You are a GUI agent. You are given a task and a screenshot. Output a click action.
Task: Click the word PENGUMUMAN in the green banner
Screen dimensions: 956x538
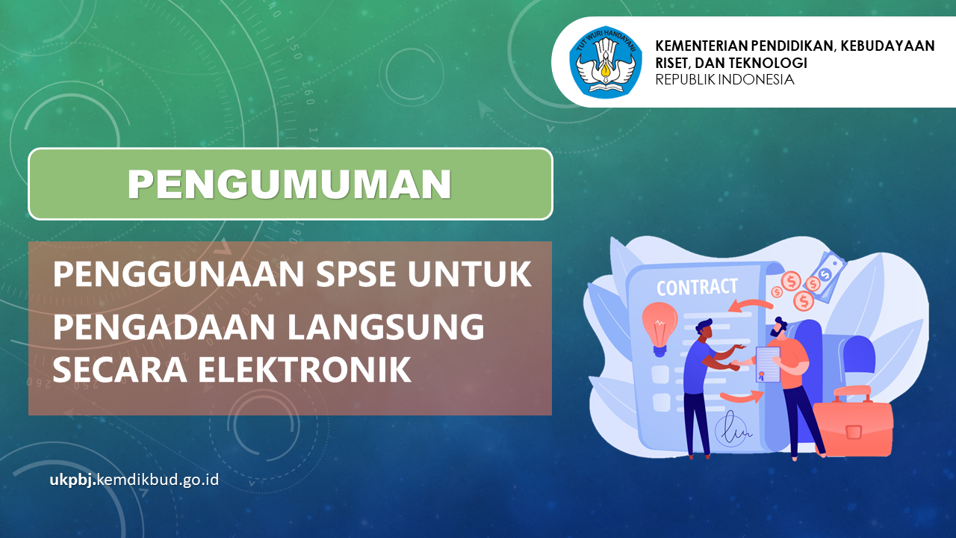(289, 184)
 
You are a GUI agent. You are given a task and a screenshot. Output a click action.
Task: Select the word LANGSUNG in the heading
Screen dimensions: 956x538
(385, 327)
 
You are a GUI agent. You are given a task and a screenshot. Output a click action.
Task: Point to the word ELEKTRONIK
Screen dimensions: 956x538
(304, 369)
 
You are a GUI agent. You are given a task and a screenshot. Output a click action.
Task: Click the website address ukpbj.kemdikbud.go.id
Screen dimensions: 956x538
(134, 480)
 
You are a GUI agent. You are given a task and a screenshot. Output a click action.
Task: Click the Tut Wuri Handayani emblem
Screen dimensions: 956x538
(606, 62)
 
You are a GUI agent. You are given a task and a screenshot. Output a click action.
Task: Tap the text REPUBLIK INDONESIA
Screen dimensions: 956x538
(724, 80)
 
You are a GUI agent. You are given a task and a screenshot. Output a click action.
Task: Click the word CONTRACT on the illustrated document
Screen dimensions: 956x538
(697, 288)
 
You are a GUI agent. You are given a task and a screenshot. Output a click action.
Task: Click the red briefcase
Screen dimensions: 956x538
(852, 422)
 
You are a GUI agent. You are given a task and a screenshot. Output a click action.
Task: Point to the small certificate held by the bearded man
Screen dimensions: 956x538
(768, 364)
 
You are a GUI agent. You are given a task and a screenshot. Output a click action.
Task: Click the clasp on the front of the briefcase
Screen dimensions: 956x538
(854, 432)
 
